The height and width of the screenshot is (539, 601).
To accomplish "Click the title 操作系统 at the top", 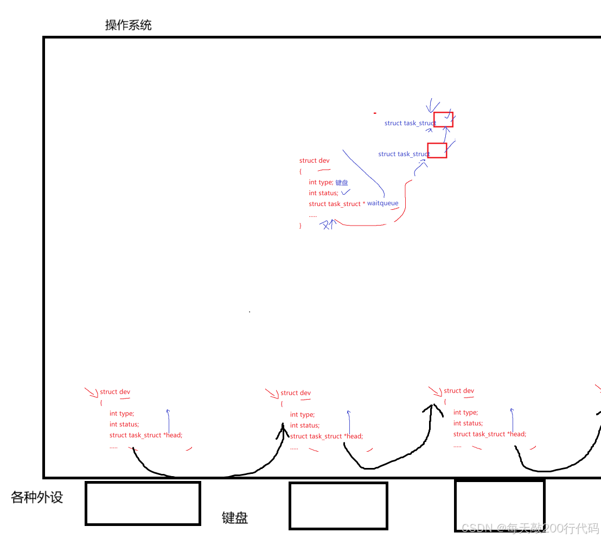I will [129, 25].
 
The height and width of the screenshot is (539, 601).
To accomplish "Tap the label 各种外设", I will [37, 497].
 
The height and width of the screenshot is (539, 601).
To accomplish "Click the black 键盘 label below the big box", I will [235, 518].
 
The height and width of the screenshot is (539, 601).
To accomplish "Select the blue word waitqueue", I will [382, 203].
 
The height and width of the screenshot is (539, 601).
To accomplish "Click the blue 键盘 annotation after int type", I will [342, 183].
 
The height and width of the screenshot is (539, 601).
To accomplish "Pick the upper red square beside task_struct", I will [443, 120].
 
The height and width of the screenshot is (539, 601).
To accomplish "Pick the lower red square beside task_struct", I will [437, 150].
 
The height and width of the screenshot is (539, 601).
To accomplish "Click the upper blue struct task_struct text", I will [410, 123].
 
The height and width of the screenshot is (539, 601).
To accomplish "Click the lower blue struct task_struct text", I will [404, 154].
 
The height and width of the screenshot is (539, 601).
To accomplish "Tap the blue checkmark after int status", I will [346, 192].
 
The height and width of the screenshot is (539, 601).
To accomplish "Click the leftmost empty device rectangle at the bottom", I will [143, 503].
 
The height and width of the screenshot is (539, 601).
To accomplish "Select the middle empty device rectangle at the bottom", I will [338, 505].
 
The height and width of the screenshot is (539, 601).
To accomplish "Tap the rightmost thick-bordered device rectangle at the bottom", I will [499, 505].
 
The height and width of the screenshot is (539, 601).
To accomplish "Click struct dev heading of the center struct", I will [314, 161].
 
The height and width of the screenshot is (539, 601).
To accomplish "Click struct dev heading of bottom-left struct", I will [115, 392].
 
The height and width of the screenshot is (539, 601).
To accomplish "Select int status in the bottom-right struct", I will [468, 423].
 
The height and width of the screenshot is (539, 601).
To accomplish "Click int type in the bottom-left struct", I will [122, 413].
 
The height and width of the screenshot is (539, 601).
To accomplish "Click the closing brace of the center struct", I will [300, 226].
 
